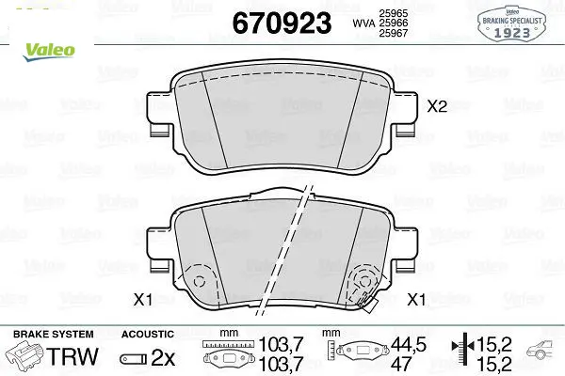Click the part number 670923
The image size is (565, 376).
[x=282, y=23]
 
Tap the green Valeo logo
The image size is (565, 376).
[x=49, y=53]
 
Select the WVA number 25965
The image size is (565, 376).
[x=393, y=13]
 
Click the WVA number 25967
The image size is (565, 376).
[x=393, y=33]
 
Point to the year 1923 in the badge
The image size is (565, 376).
[x=511, y=33]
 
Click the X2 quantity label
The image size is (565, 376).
[x=437, y=106]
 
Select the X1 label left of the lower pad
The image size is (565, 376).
[x=143, y=299]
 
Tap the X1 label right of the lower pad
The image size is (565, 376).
[x=416, y=299]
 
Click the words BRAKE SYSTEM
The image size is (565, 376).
[x=54, y=335]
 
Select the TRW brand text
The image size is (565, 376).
[x=73, y=356]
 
